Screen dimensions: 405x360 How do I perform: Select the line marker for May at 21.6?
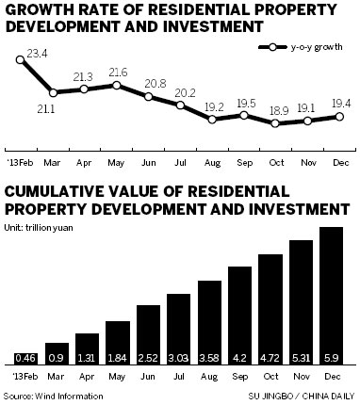point(117,85)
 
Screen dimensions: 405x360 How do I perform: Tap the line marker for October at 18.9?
point(274,122)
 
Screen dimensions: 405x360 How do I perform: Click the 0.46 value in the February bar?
point(26,359)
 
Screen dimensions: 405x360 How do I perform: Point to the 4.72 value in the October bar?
point(271,359)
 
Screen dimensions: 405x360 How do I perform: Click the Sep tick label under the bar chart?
point(240,376)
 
